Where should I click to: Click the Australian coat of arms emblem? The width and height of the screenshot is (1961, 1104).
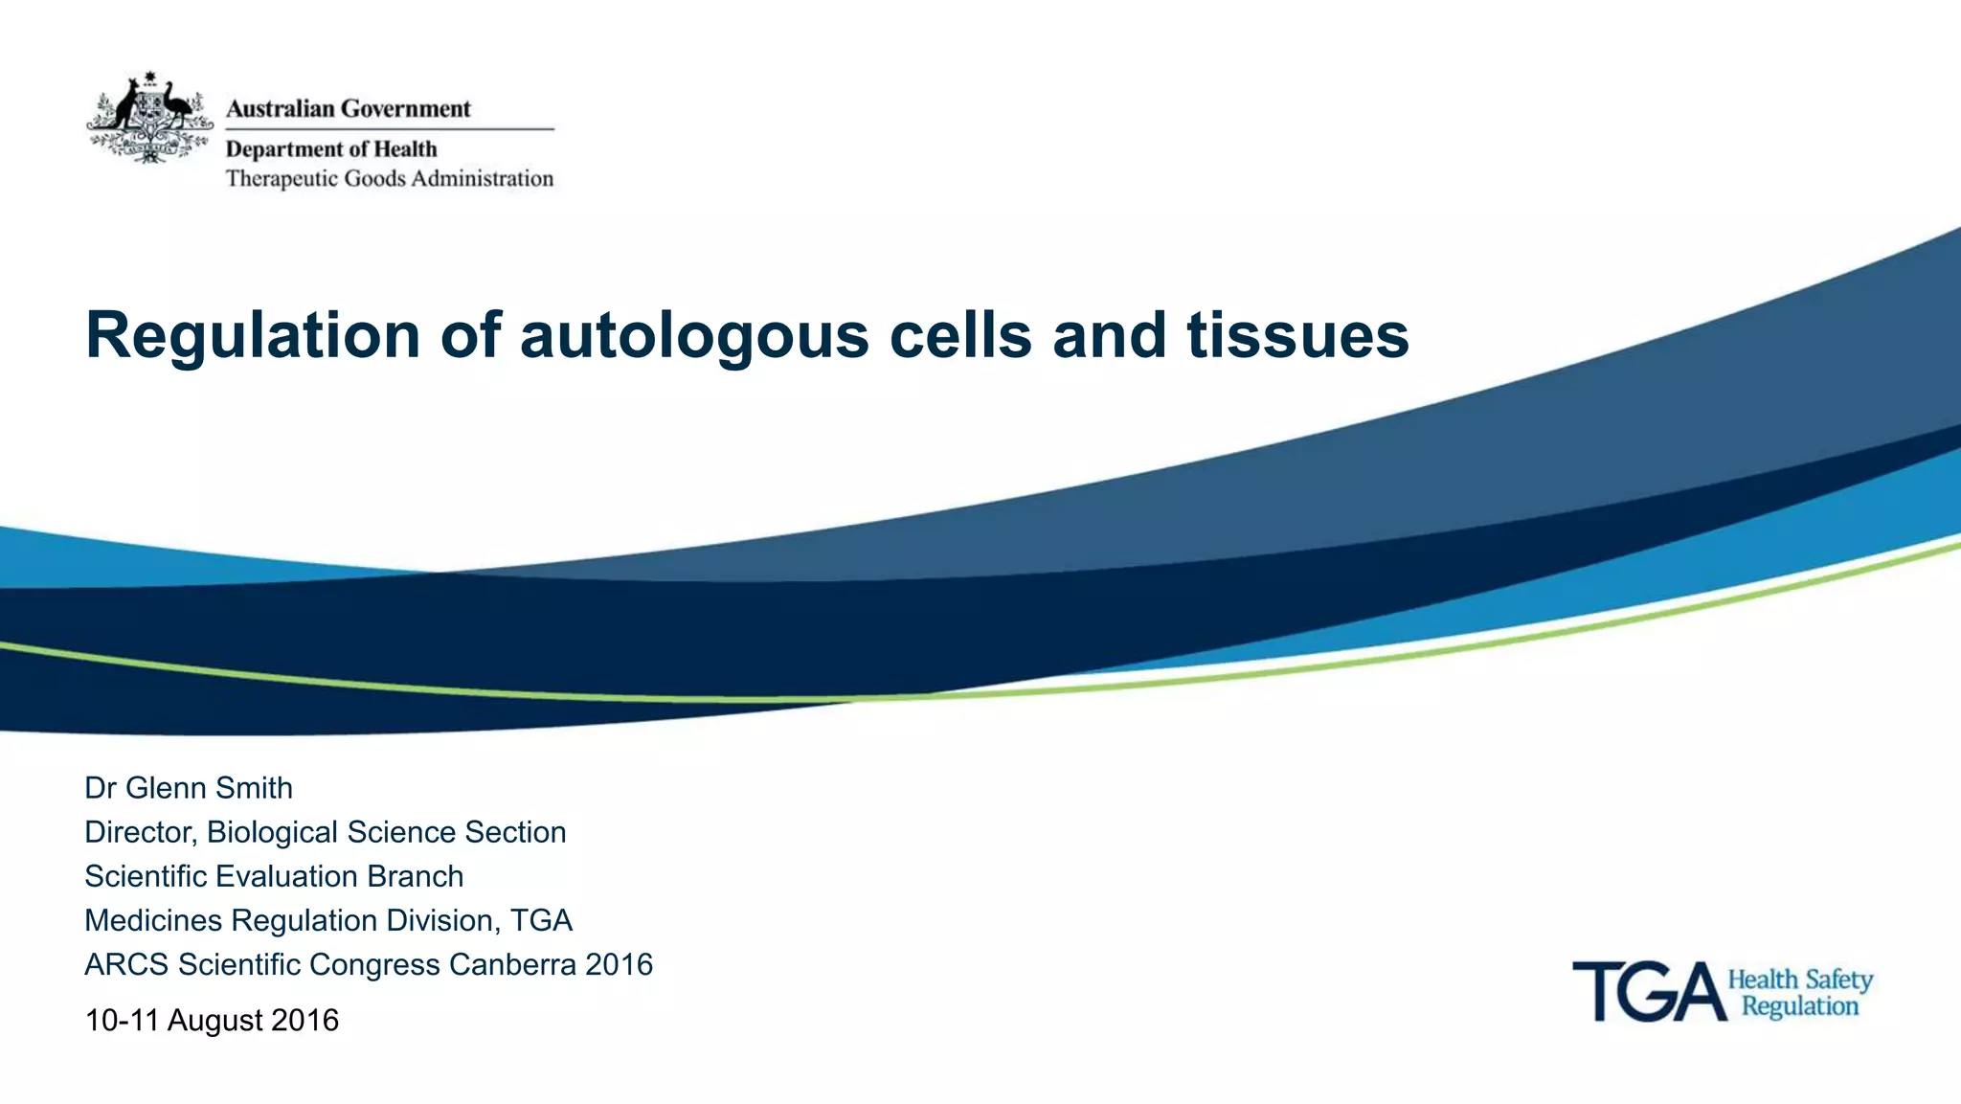[x=149, y=118]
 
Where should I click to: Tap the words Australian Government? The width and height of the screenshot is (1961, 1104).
[x=349, y=109]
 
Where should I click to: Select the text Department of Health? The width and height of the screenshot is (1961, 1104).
[x=331, y=149]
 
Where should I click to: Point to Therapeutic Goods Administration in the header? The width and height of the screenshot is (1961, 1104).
[x=390, y=179]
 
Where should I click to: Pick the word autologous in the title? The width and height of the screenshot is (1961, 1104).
[x=694, y=337]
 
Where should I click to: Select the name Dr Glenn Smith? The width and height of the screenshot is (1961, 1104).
[x=189, y=788]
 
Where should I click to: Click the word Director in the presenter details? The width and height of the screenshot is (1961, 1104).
[x=140, y=832]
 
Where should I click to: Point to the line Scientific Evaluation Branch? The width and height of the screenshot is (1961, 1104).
[x=274, y=876]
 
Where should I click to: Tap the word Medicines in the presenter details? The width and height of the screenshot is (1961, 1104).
[x=153, y=920]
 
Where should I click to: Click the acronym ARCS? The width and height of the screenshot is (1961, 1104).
[x=126, y=964]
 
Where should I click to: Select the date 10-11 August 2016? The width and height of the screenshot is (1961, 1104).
[x=212, y=1021]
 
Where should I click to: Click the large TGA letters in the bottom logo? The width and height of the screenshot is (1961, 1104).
[x=1648, y=992]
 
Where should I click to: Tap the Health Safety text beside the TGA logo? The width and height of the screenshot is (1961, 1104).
[x=1800, y=980]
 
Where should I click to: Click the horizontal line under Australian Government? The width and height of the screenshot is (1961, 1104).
[x=390, y=128]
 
